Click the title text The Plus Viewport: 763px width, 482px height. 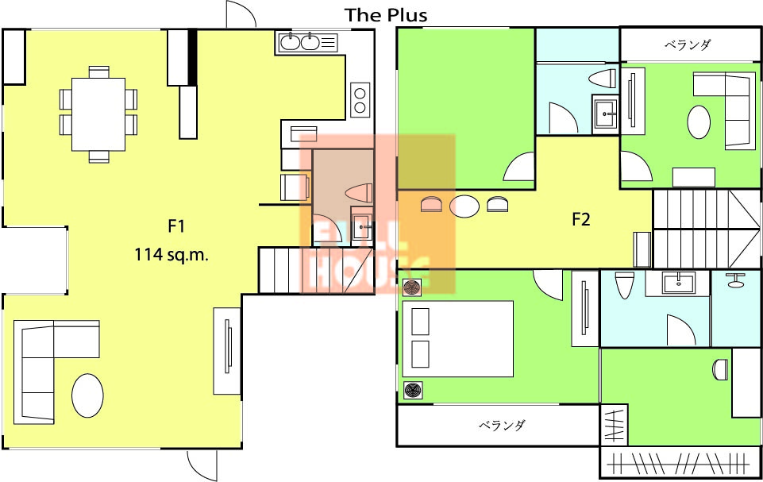pos(387,14)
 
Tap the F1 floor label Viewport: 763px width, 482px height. pos(176,226)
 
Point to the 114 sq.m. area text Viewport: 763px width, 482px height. pos(171,254)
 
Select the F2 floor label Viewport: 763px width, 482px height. pos(581,220)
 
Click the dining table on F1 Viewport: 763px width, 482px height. pos(98,114)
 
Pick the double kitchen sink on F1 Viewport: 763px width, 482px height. pos(300,42)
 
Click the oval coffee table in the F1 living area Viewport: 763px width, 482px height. pos(87,395)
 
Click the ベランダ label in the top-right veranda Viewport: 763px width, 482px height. pos(688,44)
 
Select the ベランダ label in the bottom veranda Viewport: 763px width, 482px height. pos(502,425)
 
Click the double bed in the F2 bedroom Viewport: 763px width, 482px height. pos(458,339)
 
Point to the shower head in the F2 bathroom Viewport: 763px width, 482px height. pos(735,280)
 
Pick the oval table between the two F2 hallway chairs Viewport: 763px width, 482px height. pos(464,206)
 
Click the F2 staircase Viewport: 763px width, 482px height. pos(707,229)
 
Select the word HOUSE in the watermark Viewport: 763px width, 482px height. pos(370,274)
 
